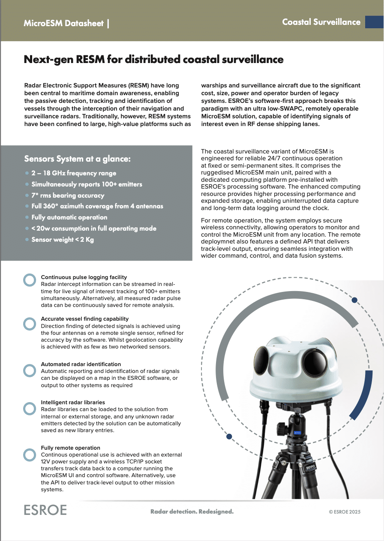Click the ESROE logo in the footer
pyautogui.click(x=45, y=510)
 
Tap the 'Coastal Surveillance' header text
pyautogui.click(x=321, y=22)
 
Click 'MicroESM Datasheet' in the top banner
pyautogui.click(x=64, y=23)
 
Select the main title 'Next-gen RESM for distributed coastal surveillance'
pyautogui.click(x=153, y=59)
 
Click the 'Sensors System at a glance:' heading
pyautogui.click(x=77, y=159)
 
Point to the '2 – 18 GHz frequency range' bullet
pyautogui.click(x=74, y=173)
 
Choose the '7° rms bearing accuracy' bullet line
pyautogui.click(x=68, y=195)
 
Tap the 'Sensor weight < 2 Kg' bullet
pyautogui.click(x=63, y=240)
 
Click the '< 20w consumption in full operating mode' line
pyautogui.click(x=94, y=228)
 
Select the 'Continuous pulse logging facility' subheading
pyautogui.click(x=84, y=277)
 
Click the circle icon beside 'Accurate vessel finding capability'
pyautogui.click(x=29, y=324)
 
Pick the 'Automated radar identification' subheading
pyautogui.click(x=81, y=364)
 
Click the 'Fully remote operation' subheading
pyautogui.click(x=71, y=448)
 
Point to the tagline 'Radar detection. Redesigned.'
pyautogui.click(x=192, y=511)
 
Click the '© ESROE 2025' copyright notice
pyautogui.click(x=345, y=512)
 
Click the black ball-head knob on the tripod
pyautogui.click(x=283, y=428)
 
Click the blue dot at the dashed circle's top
pyautogui.click(x=354, y=300)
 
